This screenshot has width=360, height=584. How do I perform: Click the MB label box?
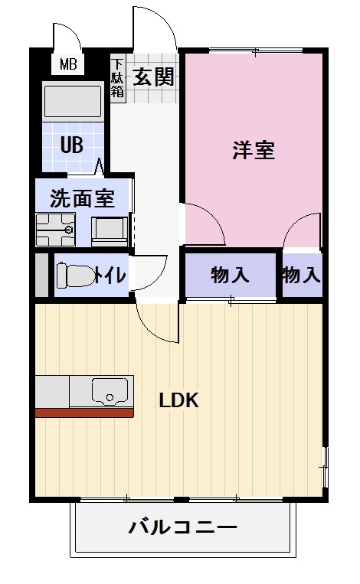click(68, 64)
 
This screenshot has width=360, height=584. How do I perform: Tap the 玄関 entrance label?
click(153, 77)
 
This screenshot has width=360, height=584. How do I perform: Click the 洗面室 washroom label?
click(82, 199)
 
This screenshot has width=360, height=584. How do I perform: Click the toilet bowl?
click(74, 274)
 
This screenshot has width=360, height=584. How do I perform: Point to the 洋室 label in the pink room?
click(254, 150)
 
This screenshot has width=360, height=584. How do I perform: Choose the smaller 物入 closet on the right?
click(300, 275)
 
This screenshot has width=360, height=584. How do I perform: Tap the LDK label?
click(179, 400)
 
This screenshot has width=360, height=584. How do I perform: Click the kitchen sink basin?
click(109, 391)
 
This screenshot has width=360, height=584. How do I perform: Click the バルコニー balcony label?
click(182, 527)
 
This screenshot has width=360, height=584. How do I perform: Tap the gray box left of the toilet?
click(41, 274)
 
